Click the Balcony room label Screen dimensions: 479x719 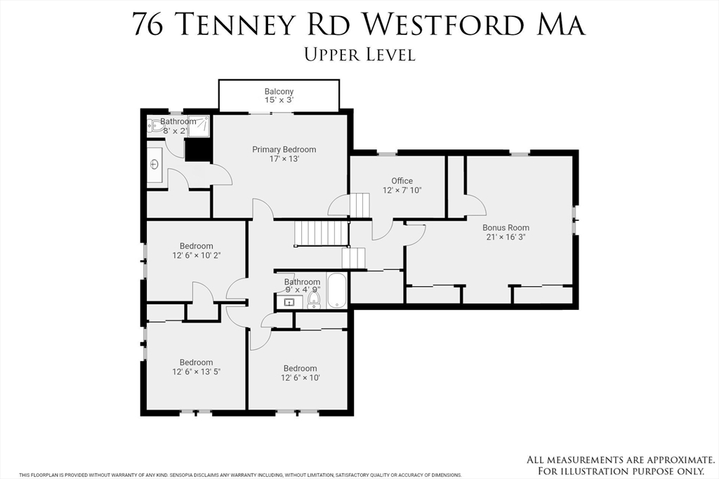pos(279,92)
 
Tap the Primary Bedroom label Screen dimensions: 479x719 pos(284,149)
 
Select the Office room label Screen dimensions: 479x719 pos(402,181)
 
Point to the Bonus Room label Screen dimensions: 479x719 pos(506,228)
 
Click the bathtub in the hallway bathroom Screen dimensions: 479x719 pos(337,290)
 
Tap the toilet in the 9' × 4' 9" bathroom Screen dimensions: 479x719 pos(314,300)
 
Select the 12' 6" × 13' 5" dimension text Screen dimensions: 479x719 pos(196,372)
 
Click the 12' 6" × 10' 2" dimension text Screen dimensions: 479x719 pos(196,255)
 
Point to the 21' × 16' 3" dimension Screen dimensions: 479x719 pos(506,237)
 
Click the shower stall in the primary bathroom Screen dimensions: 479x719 pos(199,126)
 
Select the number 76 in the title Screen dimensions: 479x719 pos(149,24)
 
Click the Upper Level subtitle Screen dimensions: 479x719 pos(359,54)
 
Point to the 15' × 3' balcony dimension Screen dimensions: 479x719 pos(279,100)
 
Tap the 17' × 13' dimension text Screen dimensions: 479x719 pos(284,158)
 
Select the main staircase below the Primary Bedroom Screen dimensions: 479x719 pos(321,232)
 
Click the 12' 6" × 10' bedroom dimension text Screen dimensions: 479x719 pos(300,378)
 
